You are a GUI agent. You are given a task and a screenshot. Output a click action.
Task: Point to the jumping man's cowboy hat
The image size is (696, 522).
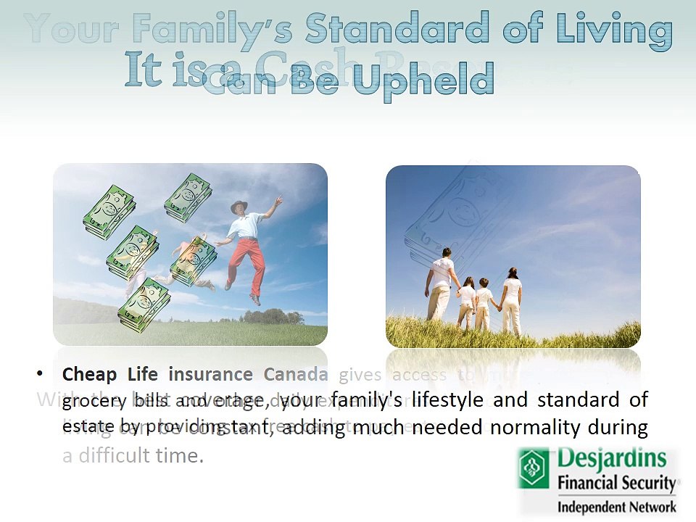tap(239, 207)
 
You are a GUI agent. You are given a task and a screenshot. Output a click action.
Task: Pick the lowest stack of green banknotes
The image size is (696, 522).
tap(144, 304)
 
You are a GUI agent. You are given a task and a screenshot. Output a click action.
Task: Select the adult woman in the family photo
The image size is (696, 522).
tap(512, 297)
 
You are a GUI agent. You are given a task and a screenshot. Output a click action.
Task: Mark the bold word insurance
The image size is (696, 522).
tap(210, 374)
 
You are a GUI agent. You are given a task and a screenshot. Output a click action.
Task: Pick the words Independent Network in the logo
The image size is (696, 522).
tap(616, 506)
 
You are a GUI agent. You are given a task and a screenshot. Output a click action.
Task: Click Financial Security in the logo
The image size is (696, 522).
tap(616, 484)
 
